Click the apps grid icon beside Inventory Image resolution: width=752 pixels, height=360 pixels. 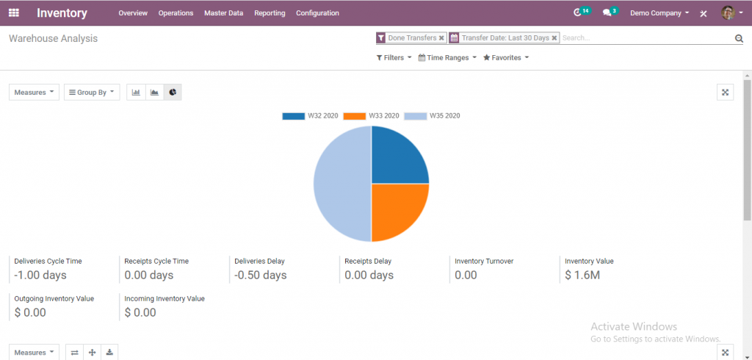coord(13,12)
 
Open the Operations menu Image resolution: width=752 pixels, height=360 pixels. coord(176,13)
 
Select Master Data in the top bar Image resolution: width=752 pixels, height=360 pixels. coord(223,13)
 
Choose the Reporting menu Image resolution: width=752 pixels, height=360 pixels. coord(270,13)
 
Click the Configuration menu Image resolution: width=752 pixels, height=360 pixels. coord(317,13)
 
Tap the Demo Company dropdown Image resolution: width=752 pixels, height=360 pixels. coord(659,13)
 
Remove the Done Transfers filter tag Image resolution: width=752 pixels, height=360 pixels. coord(441,37)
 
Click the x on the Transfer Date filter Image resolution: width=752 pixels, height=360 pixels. coord(554,37)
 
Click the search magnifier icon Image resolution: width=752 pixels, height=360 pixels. coord(739,38)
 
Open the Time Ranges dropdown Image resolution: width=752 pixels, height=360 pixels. coord(447,57)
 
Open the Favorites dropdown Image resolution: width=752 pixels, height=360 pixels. coord(506,57)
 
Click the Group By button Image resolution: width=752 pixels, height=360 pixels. coord(92,93)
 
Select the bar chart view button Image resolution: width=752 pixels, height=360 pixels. coord(136,93)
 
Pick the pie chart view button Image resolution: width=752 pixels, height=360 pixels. coord(173,93)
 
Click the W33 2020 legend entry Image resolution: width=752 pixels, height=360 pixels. coord(372,116)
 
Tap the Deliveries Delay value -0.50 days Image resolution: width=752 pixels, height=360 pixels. coord(261,276)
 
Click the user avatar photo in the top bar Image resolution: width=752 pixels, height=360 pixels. coord(728,12)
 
